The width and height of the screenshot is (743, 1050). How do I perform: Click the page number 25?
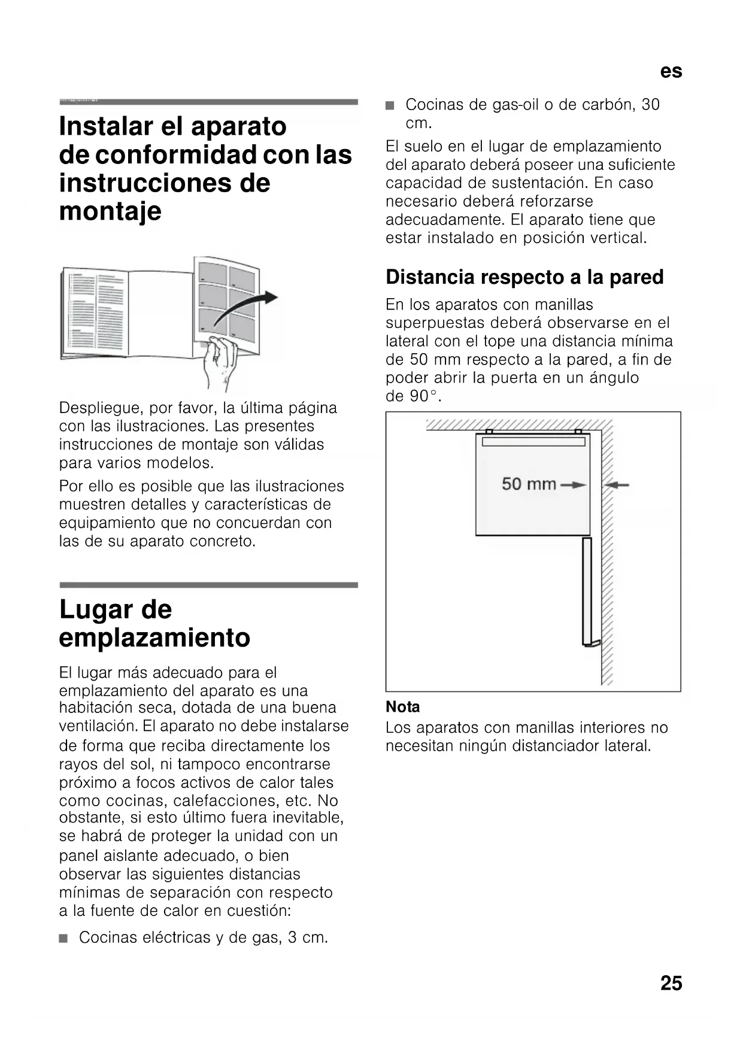tap(671, 983)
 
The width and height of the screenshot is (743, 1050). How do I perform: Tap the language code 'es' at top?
tap(671, 72)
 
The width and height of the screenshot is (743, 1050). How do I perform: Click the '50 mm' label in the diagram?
tap(529, 484)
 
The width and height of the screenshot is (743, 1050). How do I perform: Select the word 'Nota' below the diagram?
tap(402, 707)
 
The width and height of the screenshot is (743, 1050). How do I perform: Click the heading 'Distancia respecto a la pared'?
tap(524, 277)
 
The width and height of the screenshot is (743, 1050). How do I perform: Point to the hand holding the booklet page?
tap(220, 361)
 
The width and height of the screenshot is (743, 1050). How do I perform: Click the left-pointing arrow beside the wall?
tap(616, 485)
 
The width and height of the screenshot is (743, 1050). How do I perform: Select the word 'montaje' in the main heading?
tap(110, 211)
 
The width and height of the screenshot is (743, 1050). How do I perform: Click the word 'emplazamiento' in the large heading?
tap(154, 638)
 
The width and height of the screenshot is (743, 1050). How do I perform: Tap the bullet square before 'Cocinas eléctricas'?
tap(64, 938)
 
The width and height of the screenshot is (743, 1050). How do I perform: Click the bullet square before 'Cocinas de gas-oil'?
tap(390, 106)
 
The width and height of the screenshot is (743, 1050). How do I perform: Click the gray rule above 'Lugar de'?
tap(208, 585)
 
